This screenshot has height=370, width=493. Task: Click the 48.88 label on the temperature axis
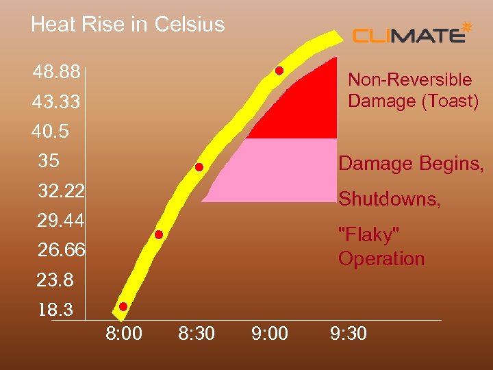click(x=56, y=72)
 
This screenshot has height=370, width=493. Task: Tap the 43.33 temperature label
click(x=56, y=102)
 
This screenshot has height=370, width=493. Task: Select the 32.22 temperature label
click(x=62, y=191)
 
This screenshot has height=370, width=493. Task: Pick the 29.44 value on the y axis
click(x=62, y=221)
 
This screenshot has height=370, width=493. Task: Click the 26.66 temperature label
click(x=62, y=251)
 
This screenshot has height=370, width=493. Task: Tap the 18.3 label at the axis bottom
click(x=55, y=310)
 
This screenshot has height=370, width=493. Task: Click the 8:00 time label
click(x=124, y=334)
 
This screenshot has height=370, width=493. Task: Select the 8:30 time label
click(x=197, y=334)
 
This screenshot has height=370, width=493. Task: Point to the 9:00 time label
click(x=270, y=334)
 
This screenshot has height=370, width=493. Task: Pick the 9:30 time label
click(x=348, y=334)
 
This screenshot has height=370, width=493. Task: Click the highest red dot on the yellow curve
click(x=279, y=71)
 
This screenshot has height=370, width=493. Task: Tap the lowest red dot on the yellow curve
click(x=123, y=306)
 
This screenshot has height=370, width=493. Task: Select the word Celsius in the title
click(x=190, y=25)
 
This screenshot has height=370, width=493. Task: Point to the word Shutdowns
click(x=390, y=199)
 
